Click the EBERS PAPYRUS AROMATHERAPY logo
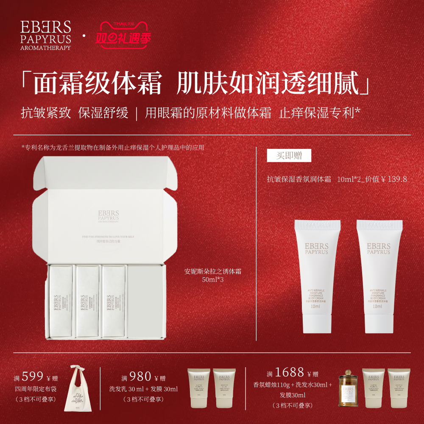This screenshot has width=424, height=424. click(45, 35)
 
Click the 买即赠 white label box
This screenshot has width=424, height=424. click(289, 155)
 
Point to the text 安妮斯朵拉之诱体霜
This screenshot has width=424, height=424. click(213, 272)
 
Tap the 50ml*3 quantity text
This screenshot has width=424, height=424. click(213, 280)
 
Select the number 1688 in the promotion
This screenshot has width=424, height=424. click(289, 373)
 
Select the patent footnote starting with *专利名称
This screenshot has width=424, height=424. click(113, 148)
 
